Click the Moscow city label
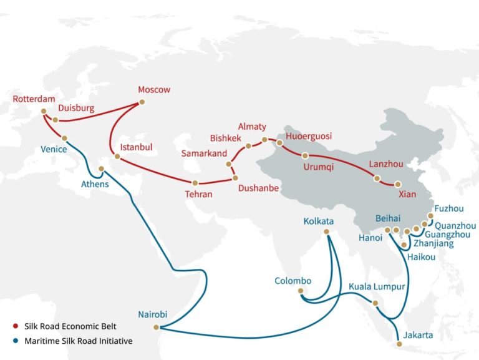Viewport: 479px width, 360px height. coord(154,90)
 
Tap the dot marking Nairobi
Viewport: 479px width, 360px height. coord(157,327)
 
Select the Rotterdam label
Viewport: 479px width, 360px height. coord(34,99)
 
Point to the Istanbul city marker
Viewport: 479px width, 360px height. coord(117,156)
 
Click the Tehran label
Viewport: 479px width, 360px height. coord(198,194)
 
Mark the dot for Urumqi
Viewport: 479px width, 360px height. coord(305,155)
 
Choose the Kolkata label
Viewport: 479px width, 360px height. coord(318,221)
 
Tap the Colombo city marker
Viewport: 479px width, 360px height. coord(301,291)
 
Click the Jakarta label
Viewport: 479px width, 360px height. coord(418,335)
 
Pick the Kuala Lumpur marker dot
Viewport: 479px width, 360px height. coord(375,303)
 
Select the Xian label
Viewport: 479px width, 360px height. coord(407,194)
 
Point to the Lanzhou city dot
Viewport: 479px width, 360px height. coord(377,178)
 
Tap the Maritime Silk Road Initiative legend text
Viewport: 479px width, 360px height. coord(79,341)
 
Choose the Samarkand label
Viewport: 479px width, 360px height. coord(204,153)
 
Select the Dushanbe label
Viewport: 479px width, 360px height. coord(258,188)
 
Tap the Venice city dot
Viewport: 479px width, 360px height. coord(64,139)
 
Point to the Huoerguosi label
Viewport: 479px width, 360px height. coord(309,136)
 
